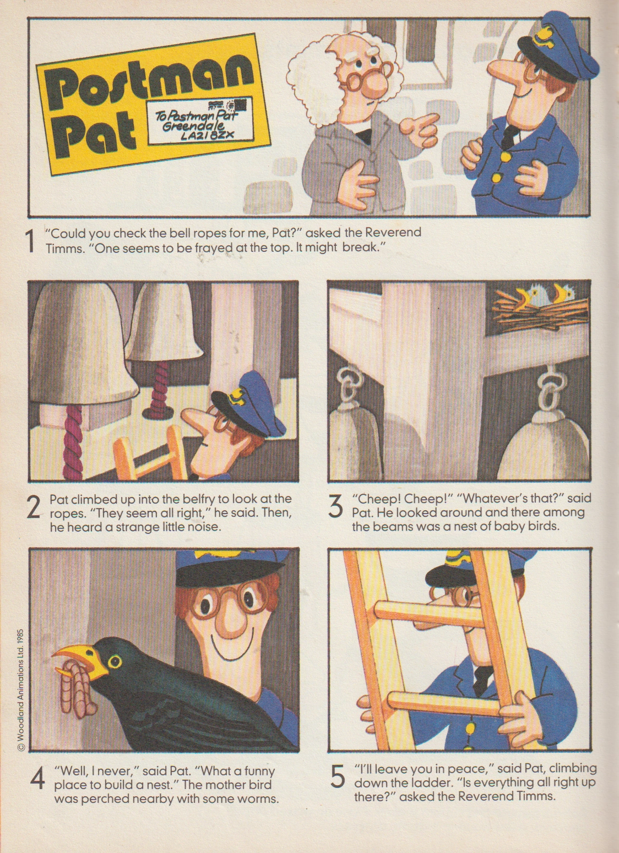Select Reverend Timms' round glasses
pyautogui.click(x=367, y=78)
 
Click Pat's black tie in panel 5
pyautogui.click(x=483, y=678)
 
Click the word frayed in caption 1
pyautogui.click(x=214, y=248)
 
